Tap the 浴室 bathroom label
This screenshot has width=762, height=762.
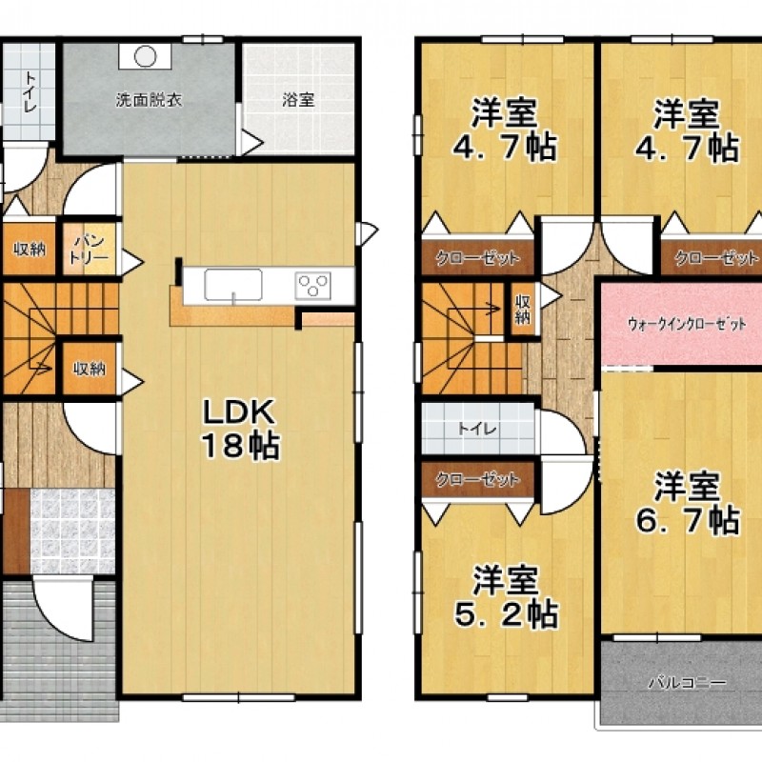click(x=298, y=100)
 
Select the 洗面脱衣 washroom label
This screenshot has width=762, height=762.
click(x=149, y=100)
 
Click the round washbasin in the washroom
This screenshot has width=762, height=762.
click(x=145, y=56)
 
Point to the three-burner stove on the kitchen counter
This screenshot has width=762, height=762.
click(x=313, y=285)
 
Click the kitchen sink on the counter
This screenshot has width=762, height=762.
click(x=233, y=285)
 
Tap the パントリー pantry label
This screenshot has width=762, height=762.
click(x=90, y=249)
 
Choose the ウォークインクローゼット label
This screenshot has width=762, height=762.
click(x=686, y=324)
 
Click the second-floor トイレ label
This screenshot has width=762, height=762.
click(x=477, y=430)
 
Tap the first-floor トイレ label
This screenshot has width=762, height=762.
click(x=30, y=91)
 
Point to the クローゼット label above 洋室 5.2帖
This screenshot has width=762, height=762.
click(x=477, y=480)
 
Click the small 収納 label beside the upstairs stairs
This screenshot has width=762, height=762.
click(x=522, y=309)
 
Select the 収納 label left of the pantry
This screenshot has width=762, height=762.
click(x=30, y=250)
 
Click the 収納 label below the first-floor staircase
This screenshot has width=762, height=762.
click(x=90, y=369)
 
